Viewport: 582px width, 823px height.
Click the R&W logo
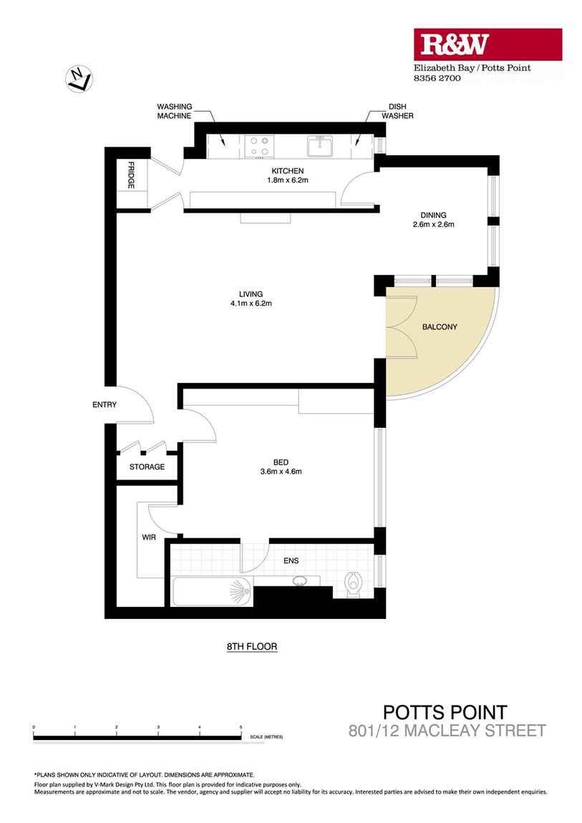pos(454,45)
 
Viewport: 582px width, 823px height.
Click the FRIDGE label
pos(132,176)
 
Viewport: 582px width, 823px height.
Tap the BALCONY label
pos(440,327)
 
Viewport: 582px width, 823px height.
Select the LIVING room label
pos(251,293)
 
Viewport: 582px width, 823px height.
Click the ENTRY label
pos(105,405)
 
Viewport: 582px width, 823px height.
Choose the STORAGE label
pos(147,467)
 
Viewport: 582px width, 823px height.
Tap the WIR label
pos(149,537)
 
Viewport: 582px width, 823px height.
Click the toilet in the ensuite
pos(353,585)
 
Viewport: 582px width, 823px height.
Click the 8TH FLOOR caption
pos(251,647)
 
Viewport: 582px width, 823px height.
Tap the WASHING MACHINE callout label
pos(174,111)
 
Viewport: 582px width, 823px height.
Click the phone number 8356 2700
pos(438,79)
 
